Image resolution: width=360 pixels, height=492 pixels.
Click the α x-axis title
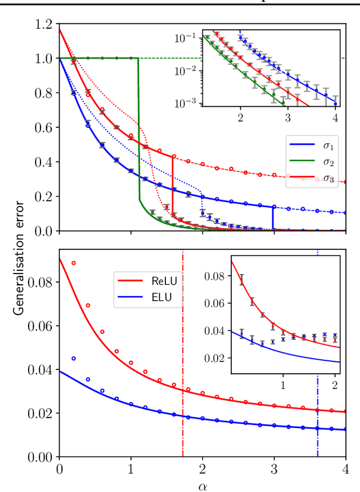(x=202, y=485)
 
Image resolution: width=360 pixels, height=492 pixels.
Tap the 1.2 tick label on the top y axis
(x=43, y=24)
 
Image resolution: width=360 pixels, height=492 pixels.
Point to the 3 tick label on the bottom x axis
(x=274, y=469)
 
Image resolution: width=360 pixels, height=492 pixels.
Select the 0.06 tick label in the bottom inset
(x=217, y=303)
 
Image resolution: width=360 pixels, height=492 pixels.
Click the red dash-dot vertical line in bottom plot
(x=183, y=366)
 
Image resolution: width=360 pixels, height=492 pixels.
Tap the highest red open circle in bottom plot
(x=73, y=263)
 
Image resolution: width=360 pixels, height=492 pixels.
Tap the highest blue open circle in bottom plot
(x=73, y=358)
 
